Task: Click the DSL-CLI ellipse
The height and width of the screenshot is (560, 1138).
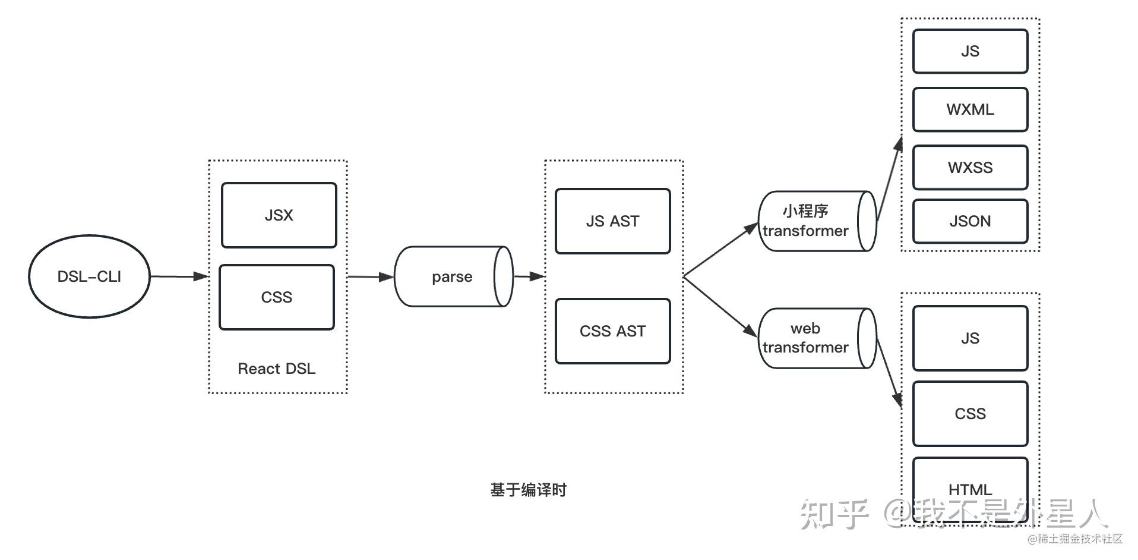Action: [89, 276]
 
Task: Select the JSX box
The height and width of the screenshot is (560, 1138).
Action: [279, 215]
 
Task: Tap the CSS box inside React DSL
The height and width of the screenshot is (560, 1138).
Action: [277, 297]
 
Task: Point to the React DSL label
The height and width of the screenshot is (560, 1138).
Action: [276, 369]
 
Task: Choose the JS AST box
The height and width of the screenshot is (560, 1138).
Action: [612, 221]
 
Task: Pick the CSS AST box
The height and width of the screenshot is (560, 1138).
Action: [612, 331]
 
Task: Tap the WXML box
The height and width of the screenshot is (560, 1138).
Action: [970, 109]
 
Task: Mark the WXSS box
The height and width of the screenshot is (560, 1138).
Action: [970, 168]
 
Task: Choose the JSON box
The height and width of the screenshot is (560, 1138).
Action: [970, 221]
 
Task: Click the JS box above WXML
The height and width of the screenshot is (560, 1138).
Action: [970, 52]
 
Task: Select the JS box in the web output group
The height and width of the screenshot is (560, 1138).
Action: [970, 338]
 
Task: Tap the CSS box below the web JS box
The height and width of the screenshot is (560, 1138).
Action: [970, 414]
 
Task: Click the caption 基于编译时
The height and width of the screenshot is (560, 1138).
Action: [528, 490]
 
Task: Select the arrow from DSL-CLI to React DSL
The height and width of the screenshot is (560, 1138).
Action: [179, 276]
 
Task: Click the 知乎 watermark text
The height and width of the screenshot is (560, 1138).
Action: [834, 514]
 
